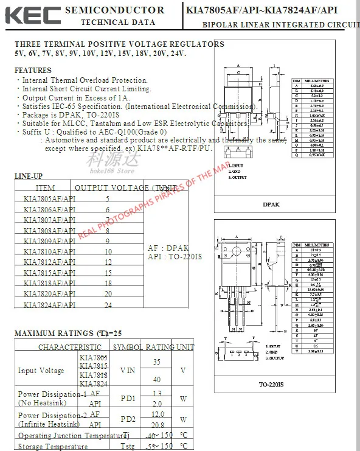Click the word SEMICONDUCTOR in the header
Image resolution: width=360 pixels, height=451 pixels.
114,10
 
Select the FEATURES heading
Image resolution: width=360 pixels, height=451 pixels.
33,71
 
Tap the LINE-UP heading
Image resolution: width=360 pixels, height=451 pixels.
29,177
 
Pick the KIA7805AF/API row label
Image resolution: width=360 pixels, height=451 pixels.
49,199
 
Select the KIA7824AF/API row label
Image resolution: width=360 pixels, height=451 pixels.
49,304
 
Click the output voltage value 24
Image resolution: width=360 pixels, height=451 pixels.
108,304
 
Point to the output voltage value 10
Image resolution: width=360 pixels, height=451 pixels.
108,251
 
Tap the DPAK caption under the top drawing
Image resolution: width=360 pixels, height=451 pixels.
272,205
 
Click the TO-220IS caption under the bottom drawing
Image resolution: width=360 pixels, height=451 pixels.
272,385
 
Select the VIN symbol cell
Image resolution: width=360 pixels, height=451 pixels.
128,370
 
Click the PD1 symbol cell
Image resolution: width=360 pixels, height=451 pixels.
128,399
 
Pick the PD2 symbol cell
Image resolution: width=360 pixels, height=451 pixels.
128,419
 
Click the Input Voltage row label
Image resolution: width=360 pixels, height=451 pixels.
41,371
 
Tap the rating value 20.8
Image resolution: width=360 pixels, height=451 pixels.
157,425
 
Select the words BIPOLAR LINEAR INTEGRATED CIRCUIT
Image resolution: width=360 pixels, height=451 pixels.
280,24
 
